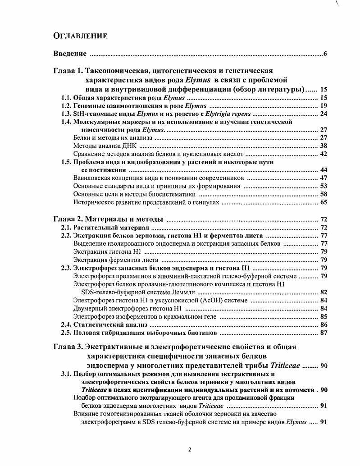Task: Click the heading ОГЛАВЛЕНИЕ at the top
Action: (x=80, y=36)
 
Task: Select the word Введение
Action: (x=70, y=54)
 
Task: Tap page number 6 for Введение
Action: (x=324, y=54)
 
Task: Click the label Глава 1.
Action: (x=68, y=71)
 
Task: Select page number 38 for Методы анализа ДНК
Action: (x=323, y=146)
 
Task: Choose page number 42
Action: (x=323, y=154)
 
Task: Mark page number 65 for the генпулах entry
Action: (x=323, y=203)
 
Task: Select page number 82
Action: (x=323, y=292)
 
